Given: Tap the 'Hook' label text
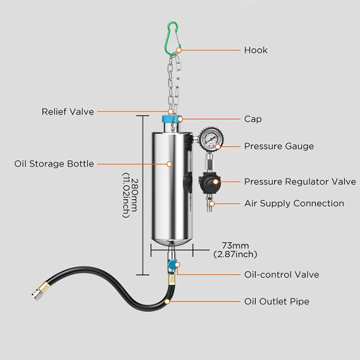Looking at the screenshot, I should [x=256, y=50].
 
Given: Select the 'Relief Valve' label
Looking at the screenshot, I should [x=68, y=111].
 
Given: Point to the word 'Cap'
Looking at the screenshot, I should [x=253, y=119].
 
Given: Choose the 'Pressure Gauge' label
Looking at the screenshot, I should [x=279, y=146].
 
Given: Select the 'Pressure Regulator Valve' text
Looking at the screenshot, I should [x=300, y=182].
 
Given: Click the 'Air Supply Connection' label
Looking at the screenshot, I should [x=294, y=203].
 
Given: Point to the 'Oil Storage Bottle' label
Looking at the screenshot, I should [x=54, y=164].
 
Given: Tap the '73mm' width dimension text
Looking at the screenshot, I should [x=235, y=246].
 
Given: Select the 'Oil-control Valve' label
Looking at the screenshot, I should [x=281, y=274].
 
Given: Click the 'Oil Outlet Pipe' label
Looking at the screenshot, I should [x=276, y=301].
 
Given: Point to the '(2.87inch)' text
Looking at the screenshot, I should [x=235, y=254].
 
